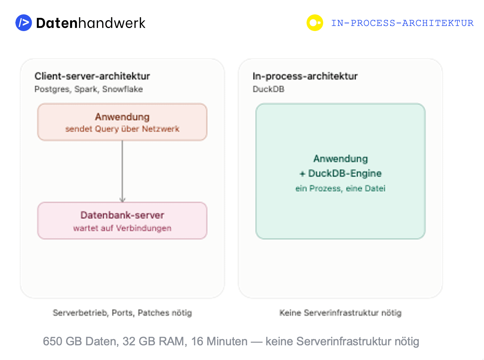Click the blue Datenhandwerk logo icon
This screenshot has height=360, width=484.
pos(24,23)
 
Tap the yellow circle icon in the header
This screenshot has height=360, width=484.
pos(315,23)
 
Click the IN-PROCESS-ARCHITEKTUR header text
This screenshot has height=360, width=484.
pos(402,23)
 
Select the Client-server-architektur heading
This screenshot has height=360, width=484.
pos(92,76)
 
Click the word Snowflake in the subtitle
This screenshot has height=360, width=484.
pos(123,89)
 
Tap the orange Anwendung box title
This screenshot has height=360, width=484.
pos(122,117)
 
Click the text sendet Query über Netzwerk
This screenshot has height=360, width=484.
pos(122,129)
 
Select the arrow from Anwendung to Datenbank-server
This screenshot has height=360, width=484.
pos(122,171)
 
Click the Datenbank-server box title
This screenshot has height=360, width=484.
pos(122,215)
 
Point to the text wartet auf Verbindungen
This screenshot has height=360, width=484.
pos(122,228)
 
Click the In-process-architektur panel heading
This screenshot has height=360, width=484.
pos(305,76)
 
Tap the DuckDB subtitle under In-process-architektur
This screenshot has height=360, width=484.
pos(268,89)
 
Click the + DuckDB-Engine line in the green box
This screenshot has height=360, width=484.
pos(340,174)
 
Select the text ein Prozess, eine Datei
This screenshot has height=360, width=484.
pos(340,189)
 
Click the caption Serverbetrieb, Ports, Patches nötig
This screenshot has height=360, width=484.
pos(122,313)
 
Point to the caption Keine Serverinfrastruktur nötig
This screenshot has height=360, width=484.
pos(340,313)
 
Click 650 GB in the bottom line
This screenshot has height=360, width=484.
pos(62,342)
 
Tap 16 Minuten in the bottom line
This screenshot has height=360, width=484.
pos(219,342)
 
